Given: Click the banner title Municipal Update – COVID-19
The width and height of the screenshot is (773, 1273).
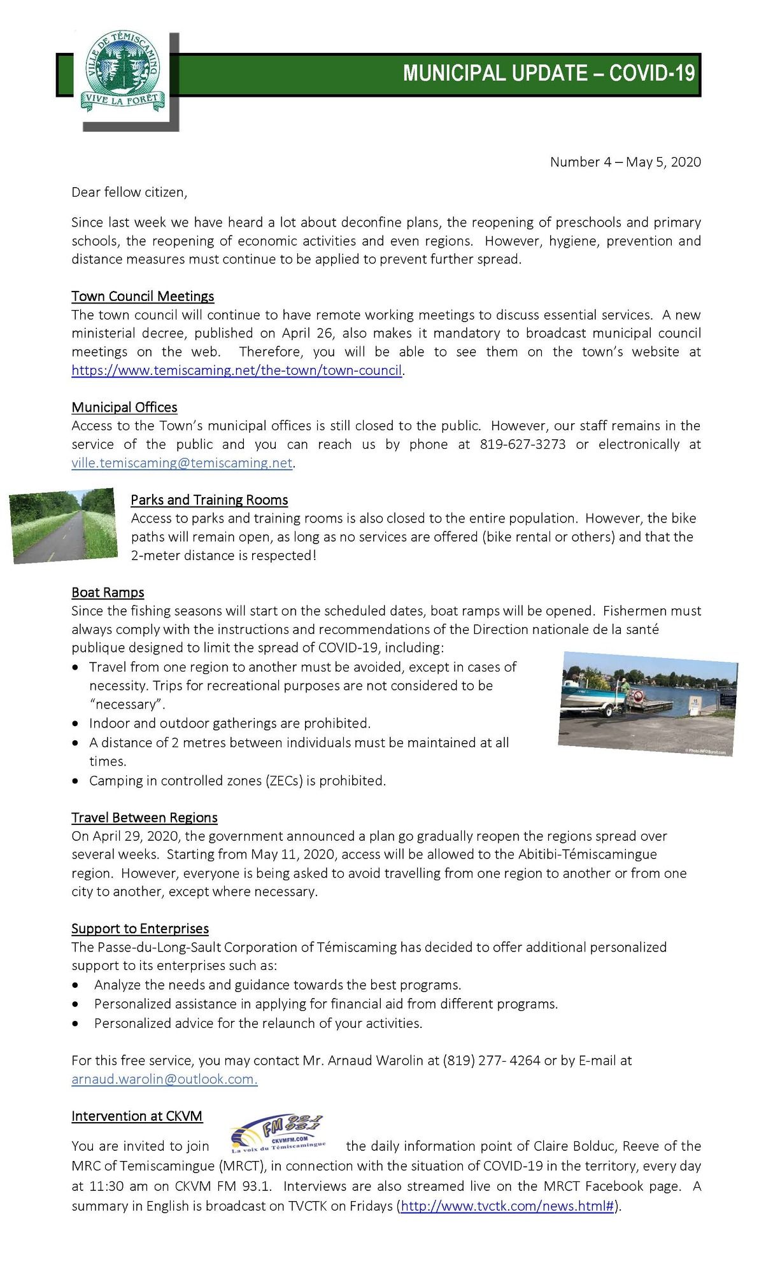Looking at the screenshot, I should tap(548, 74).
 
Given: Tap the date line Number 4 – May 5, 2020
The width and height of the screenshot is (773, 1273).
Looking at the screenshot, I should tap(625, 162).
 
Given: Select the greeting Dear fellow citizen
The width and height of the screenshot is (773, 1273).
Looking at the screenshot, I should tap(129, 192).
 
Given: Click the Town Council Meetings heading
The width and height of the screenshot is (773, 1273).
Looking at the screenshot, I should tap(143, 296).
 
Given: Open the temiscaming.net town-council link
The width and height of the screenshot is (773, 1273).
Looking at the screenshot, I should tap(236, 370).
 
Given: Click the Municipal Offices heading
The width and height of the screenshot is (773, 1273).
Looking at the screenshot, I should tap(124, 407).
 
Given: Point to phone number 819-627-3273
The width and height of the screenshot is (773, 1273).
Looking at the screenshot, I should tap(522, 444).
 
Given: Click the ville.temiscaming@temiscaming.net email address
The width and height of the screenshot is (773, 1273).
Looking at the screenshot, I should tap(182, 463).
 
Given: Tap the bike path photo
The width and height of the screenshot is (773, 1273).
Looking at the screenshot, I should tap(63, 525).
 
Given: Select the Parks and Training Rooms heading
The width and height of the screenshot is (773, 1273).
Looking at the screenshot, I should tap(209, 500).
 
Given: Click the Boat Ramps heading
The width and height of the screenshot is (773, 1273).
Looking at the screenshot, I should tap(108, 593).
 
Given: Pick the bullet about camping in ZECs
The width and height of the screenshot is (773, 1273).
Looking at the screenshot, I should tap(237, 780).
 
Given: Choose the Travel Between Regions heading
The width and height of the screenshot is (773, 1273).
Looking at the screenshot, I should tap(145, 817).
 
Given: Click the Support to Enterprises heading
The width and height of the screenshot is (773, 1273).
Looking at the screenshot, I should tap(140, 929).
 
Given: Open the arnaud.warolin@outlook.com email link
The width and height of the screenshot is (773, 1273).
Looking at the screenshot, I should tap(164, 1079).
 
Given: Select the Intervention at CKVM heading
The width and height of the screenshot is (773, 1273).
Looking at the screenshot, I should tap(137, 1116).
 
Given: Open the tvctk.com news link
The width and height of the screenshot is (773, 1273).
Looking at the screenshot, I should tap(507, 1206).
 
